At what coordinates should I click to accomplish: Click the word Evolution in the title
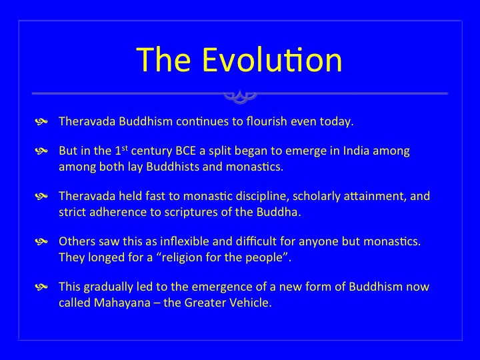272,59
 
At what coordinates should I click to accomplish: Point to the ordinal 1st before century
121,150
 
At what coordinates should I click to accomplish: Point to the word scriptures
191,213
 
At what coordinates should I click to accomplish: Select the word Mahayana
122,303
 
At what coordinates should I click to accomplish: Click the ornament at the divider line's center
240,97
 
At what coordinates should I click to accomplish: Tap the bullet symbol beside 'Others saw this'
41,242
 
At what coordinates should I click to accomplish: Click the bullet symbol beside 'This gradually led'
41,287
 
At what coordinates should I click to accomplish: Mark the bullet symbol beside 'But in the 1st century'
41,151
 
